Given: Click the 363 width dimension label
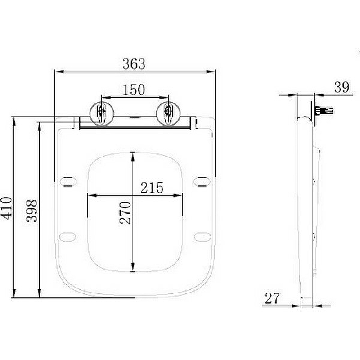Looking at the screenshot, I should pyautogui.click(x=134, y=64).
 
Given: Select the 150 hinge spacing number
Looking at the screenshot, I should pyautogui.click(x=134, y=90).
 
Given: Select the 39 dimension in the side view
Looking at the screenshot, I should pyautogui.click(x=342, y=88).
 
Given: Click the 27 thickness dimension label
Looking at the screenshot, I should pyautogui.click(x=272, y=298).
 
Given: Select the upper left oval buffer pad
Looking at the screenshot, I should pyautogui.click(x=68, y=181).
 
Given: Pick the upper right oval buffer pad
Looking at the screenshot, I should pyautogui.click(x=202, y=181).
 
